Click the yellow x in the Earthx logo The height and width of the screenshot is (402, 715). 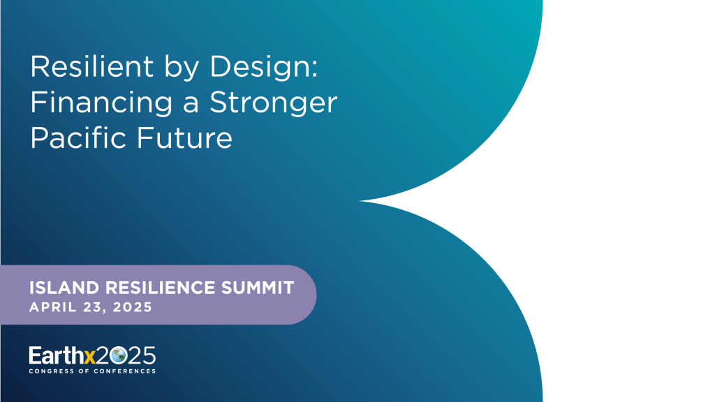click(x=88, y=356)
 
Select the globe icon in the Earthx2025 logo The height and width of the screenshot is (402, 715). click(x=117, y=356)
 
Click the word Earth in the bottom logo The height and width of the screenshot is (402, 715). click(x=55, y=356)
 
